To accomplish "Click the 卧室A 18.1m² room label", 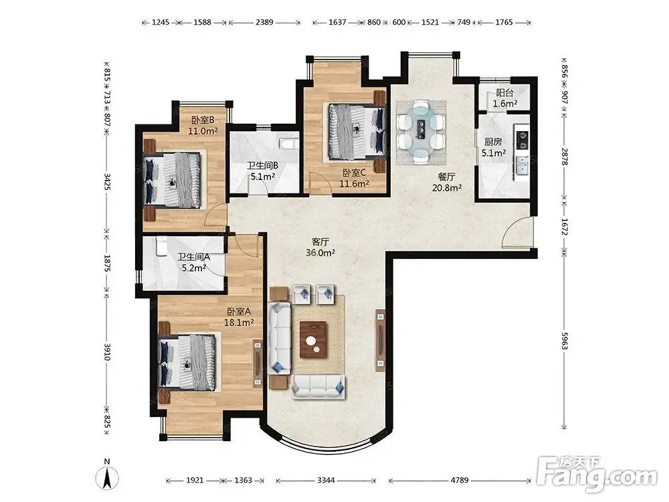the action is [x=239, y=317].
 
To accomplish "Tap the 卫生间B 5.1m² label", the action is [x=262, y=171].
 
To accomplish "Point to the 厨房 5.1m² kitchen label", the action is [x=493, y=147].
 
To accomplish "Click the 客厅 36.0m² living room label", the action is [x=320, y=247].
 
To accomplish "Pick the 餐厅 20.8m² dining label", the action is [x=447, y=182].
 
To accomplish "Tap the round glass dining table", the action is [x=421, y=131].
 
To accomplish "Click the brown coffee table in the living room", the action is [x=312, y=340].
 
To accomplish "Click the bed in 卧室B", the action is [x=173, y=181].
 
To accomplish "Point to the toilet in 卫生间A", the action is [x=162, y=247].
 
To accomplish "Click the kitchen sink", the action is [x=522, y=165].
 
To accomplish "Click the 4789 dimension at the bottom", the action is [x=460, y=480].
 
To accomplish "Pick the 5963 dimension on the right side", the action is [x=565, y=341].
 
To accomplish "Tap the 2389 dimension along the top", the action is [x=264, y=22].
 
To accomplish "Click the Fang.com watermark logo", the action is [x=597, y=473].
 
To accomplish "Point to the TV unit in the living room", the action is [x=380, y=340].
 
